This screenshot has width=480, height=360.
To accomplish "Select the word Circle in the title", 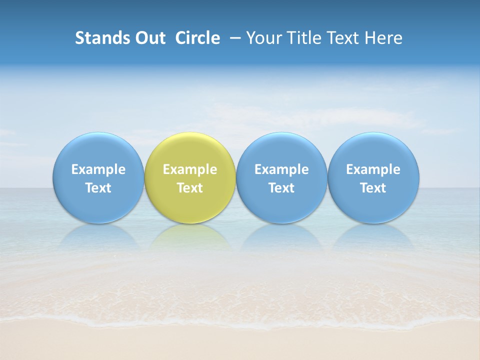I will [x=197, y=38].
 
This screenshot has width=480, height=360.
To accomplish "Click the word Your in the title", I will [x=262, y=38].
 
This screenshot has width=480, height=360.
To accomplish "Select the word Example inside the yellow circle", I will [x=190, y=169].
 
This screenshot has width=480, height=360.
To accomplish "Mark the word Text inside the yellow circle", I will [x=190, y=188].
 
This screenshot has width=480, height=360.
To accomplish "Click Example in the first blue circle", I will [x=98, y=169].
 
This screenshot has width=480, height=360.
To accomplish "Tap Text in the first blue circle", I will [x=98, y=188].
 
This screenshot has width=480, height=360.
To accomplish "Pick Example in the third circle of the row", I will [x=281, y=169].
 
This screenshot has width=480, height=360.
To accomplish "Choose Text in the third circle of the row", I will [x=281, y=188].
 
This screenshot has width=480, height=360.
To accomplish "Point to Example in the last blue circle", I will [x=373, y=169].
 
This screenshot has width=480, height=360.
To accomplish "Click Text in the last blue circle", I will [x=373, y=188].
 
